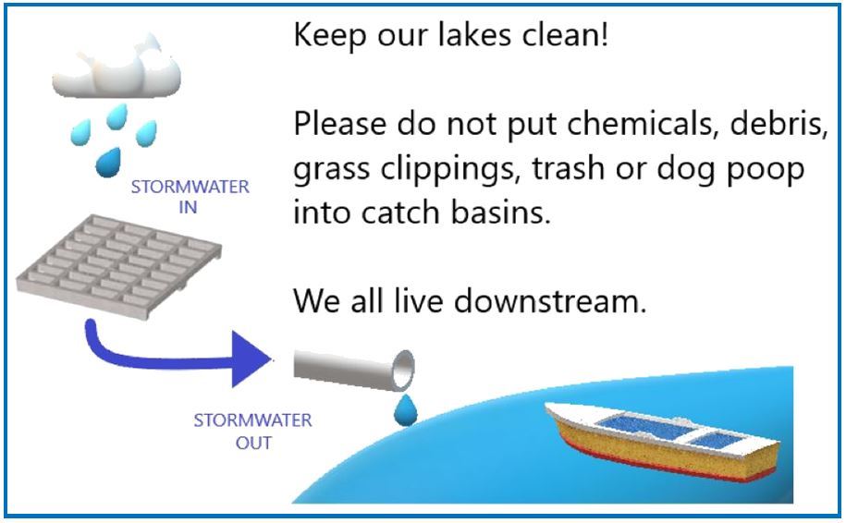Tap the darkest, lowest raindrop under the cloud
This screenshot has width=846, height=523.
point(108,163)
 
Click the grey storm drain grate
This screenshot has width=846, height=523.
point(118,266)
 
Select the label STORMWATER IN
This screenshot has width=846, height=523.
point(190,197)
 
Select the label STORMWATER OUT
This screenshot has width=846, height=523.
point(253,432)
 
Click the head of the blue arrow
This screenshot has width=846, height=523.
point(251,359)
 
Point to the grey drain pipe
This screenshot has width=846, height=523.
point(354,370)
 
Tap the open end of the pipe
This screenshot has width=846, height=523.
point(403,370)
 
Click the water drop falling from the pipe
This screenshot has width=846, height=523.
point(406,411)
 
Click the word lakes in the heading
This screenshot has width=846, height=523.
point(474,34)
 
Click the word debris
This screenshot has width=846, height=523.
point(779,124)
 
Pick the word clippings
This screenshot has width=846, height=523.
point(448,169)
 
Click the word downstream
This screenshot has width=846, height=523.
point(550,301)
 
